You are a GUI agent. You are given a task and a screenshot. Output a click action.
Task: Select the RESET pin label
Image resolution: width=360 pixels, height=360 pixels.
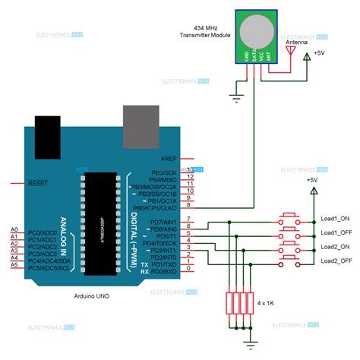[39, 184]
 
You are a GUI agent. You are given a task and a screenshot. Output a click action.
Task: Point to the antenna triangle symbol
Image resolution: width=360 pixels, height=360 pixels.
[289, 50]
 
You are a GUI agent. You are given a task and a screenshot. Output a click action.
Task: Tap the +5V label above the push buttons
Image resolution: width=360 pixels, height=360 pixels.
[312, 180]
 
